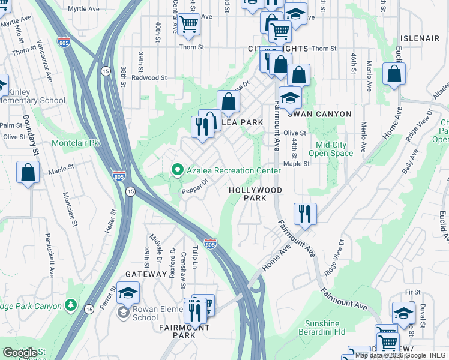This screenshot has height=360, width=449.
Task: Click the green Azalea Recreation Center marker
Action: click(x=177, y=171)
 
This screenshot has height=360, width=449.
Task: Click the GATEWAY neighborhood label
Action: click(x=146, y=274)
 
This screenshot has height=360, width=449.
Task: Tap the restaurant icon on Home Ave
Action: click(x=305, y=214)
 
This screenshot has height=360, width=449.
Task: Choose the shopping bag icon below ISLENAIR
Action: click(x=394, y=74)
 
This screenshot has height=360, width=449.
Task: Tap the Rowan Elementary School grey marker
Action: click(x=123, y=312)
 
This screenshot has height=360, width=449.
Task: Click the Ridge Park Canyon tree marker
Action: click(x=71, y=305)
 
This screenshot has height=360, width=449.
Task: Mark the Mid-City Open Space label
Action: click(x=335, y=148)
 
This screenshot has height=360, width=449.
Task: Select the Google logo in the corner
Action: click(x=20, y=353)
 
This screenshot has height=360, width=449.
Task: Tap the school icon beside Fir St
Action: click(x=403, y=312)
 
